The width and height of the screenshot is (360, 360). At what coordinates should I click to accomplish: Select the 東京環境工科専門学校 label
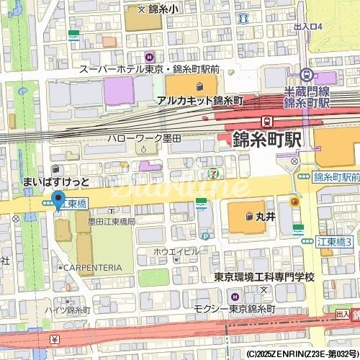coord(265,277)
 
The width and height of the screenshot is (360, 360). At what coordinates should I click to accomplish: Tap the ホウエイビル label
coord(176,251)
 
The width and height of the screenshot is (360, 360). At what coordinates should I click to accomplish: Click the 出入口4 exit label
coord(309,27)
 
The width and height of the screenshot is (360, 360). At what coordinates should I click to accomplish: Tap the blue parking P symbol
coord(205,235)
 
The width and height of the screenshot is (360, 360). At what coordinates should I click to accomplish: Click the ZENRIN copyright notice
coord(302,354)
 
